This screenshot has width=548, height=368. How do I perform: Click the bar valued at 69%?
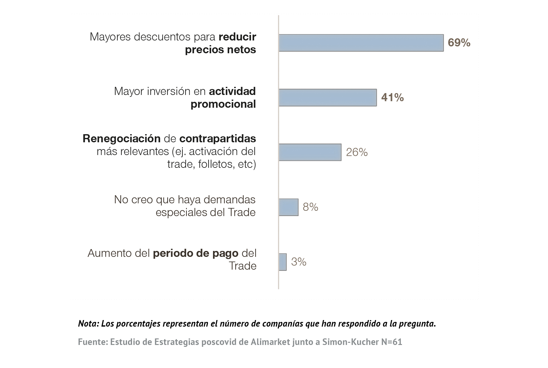coord(361,43)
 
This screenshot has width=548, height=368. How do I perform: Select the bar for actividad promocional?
coord(328,98)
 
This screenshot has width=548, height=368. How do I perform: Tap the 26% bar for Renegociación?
coord(310,152)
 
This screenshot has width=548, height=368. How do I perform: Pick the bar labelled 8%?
coord(288,207)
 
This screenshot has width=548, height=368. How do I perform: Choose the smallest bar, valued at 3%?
coord(282,262)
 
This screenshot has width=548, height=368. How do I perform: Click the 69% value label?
coord(459,43)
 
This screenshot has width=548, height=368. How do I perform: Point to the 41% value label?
coord(392,98)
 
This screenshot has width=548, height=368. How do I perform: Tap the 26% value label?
coord(357,152)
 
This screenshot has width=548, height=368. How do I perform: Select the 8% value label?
coord(310,207)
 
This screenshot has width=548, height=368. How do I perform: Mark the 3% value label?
coord(299,262)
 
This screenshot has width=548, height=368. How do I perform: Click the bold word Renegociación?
coord(121,139)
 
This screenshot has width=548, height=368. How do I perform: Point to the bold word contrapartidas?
coord(218,139)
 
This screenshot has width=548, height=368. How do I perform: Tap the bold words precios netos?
coord(220,50)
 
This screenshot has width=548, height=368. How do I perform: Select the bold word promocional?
coord(223,104)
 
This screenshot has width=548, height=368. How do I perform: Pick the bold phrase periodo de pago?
coord(196,253)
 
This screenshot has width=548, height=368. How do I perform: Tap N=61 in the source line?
coord(392,342)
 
